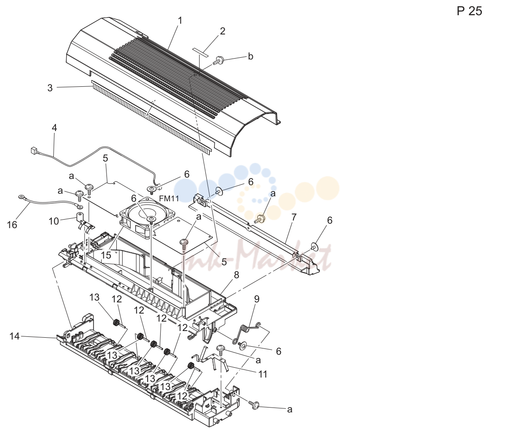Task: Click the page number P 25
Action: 469,11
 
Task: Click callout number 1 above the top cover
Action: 180,21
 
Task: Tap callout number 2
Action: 222,31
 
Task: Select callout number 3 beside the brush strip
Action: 50,88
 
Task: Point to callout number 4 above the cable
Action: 54,127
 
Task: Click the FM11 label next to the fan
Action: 169,198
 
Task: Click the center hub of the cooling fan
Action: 151,219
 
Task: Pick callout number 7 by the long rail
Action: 294,217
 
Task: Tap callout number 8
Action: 237,275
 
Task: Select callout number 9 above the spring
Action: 256,299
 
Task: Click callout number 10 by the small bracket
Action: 54,221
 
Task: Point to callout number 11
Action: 263,374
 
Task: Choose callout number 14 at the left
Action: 14,336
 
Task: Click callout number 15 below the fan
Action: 106,255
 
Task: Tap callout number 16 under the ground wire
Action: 12,225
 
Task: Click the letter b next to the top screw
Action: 251,56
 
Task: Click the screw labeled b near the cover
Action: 218,60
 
